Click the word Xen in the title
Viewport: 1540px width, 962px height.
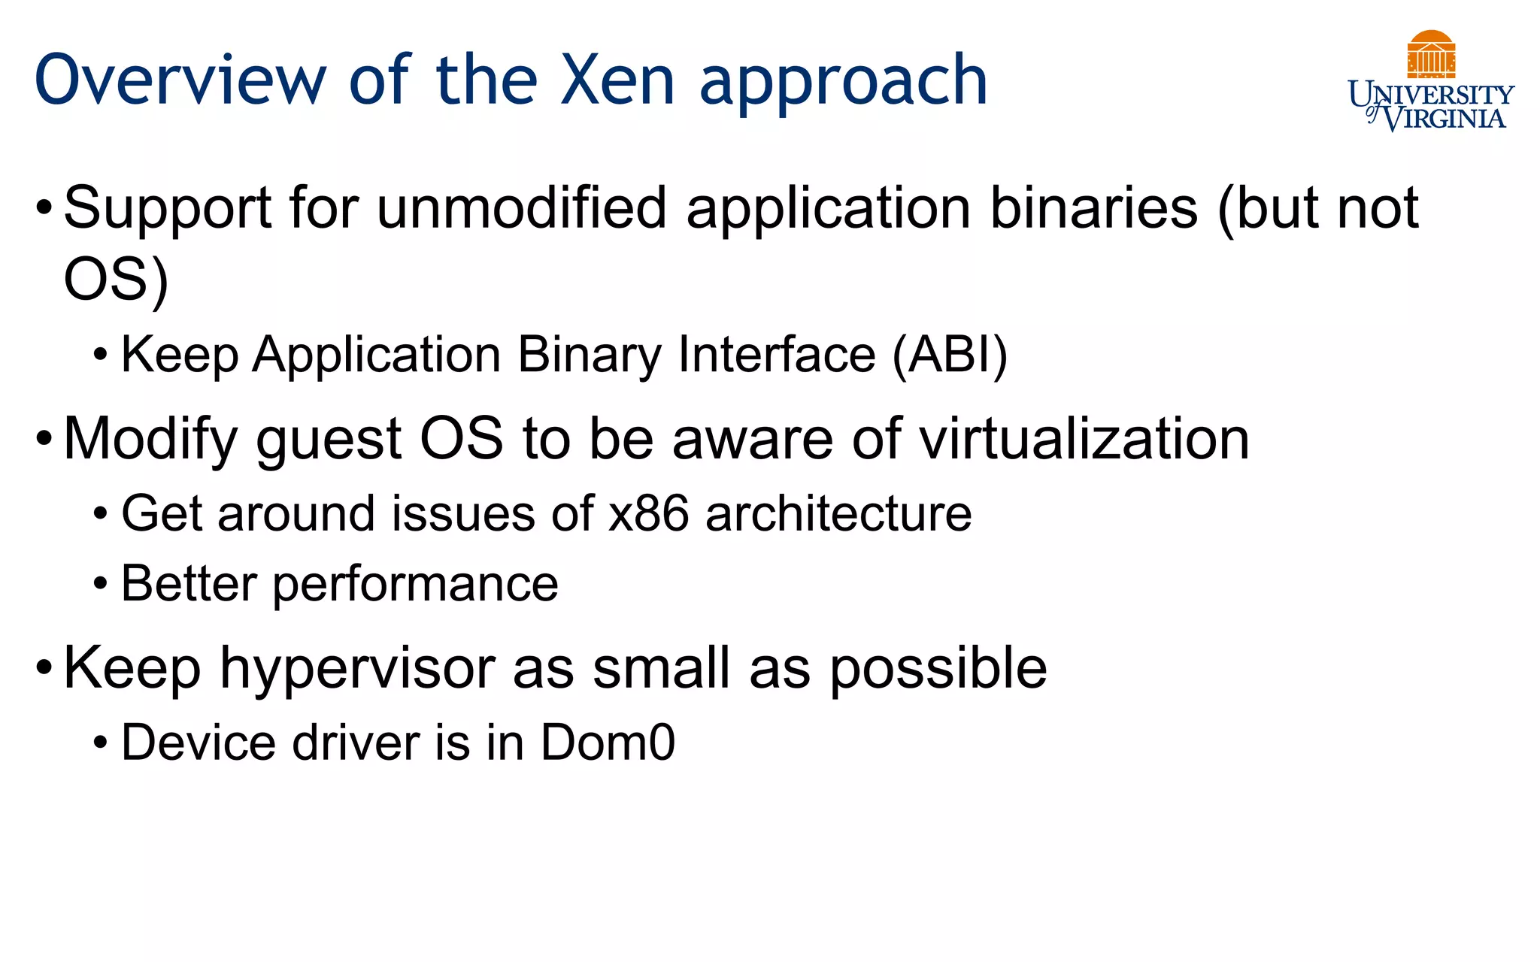(x=617, y=80)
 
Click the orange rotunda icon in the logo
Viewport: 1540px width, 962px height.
(x=1431, y=55)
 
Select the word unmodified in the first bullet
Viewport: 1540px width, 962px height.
(x=521, y=208)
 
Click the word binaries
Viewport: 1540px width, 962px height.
(x=1093, y=208)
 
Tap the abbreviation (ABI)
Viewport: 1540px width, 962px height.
(x=950, y=355)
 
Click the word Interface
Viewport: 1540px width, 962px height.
(x=777, y=355)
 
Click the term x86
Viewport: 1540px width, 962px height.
(x=648, y=514)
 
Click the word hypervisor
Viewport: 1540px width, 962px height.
(x=356, y=670)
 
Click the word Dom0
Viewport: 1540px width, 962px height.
(x=608, y=743)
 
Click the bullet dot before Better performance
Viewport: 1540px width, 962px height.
(x=101, y=584)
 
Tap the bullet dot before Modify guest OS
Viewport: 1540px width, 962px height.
(x=44, y=438)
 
